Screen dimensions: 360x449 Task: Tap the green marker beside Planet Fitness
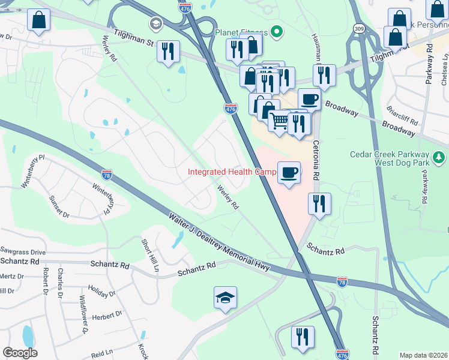[x=277, y=32]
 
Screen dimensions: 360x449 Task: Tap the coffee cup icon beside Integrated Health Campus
[x=289, y=173]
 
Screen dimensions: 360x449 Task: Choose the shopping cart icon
[x=279, y=121]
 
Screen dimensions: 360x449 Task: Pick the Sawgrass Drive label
[x=23, y=252]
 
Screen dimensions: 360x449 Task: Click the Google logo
[x=20, y=353]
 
